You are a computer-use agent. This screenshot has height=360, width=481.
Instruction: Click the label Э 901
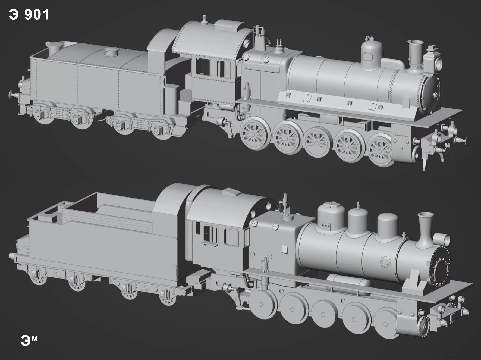[29, 14]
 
